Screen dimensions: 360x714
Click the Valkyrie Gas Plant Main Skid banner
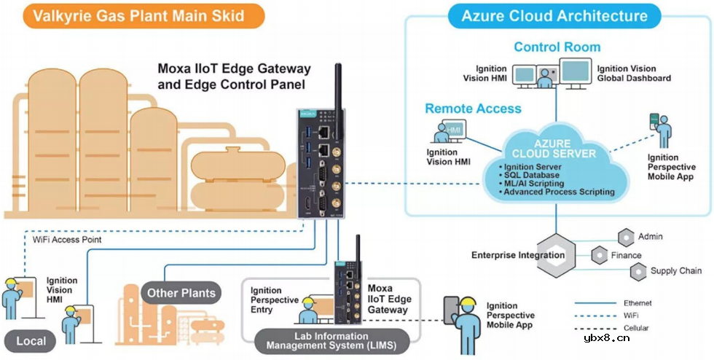click(133, 15)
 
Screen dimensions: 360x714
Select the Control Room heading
click(557, 47)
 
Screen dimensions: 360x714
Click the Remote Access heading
click(473, 109)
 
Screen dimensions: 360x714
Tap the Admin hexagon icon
click(625, 237)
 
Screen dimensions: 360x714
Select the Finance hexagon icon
click(599, 255)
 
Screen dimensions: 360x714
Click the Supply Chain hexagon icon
click(637, 272)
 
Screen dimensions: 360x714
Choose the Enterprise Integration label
click(518, 255)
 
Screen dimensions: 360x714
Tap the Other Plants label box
click(181, 294)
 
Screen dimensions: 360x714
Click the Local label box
click(31, 340)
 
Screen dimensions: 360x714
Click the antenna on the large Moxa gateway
click(338, 85)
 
